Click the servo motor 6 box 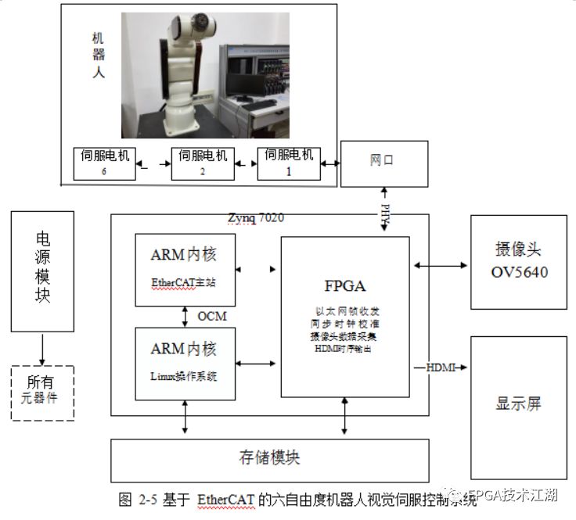click(104, 163)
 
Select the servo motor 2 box click(203, 163)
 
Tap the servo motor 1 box click(290, 162)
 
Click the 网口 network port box click(384, 163)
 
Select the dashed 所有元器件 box click(43, 393)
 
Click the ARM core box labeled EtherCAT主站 click(185, 268)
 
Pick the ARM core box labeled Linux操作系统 click(185, 361)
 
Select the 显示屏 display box click(518, 407)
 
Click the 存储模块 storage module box click(270, 460)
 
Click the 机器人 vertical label click(98, 56)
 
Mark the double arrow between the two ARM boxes click(185, 316)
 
